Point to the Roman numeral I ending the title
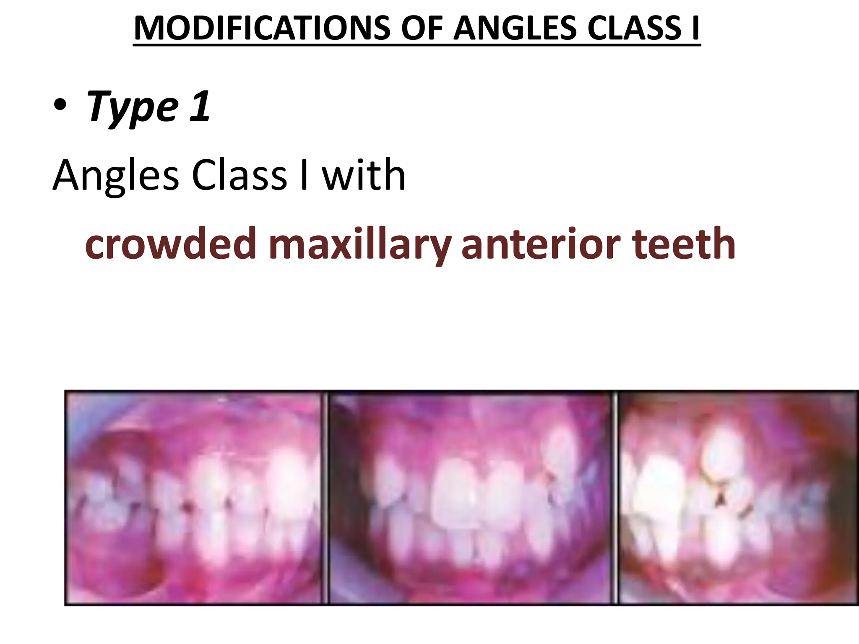[695, 28]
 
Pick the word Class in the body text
[239, 175]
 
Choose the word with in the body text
[363, 175]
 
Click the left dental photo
[195, 498]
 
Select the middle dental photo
[470, 498]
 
